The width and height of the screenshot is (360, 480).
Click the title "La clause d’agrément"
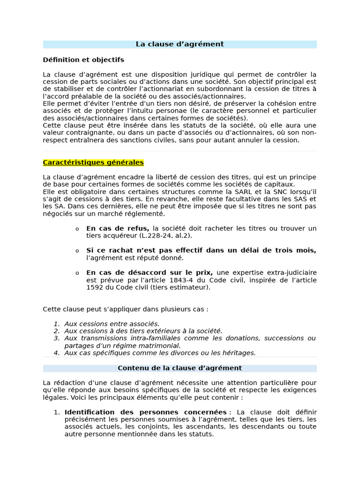pos(180,44)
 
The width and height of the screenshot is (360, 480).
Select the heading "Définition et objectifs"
pos(83,60)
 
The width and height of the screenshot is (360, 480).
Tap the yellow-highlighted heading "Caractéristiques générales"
pos(93,163)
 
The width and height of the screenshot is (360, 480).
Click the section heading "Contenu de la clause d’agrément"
pos(180,368)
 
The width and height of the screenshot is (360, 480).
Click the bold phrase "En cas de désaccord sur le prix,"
pos(150,272)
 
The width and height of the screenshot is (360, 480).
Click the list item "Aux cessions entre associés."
pos(112,323)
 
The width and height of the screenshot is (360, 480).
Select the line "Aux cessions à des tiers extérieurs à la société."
pos(143,331)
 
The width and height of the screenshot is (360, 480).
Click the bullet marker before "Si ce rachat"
pos(77,251)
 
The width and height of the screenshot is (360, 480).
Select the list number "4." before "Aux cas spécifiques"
pos(56,353)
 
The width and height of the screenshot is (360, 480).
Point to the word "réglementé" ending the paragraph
pos(147,214)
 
